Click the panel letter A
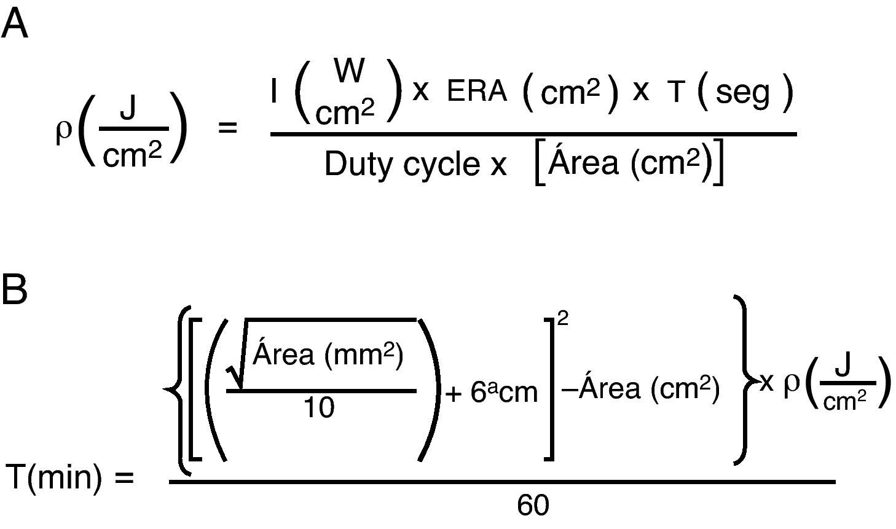coord(15,25)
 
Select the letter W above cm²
coord(349,72)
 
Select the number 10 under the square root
coord(320,407)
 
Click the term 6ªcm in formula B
coord(504,393)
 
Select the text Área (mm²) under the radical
coord(328,355)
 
